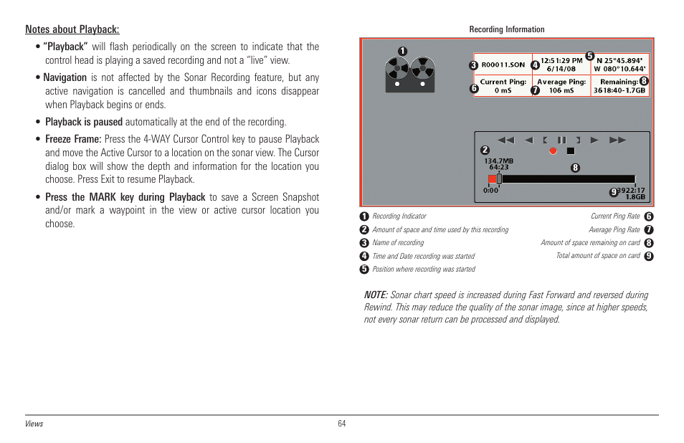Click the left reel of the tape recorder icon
tap(396, 70)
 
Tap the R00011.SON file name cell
tap(503, 65)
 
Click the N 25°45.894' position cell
tap(620, 65)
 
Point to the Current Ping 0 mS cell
tap(503, 86)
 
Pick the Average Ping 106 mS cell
tap(561, 86)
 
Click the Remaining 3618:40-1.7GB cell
tap(620, 86)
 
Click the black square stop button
tap(571, 151)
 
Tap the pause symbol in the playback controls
tap(562, 140)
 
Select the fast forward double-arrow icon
tap(617, 140)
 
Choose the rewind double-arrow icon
tap(505, 140)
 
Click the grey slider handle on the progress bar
tap(499, 179)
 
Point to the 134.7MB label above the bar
tap(498, 161)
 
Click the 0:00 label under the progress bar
tap(490, 191)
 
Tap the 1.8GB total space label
tap(635, 196)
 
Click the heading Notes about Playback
tap(72, 29)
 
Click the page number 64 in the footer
tap(342, 424)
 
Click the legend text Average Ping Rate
tap(614, 229)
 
